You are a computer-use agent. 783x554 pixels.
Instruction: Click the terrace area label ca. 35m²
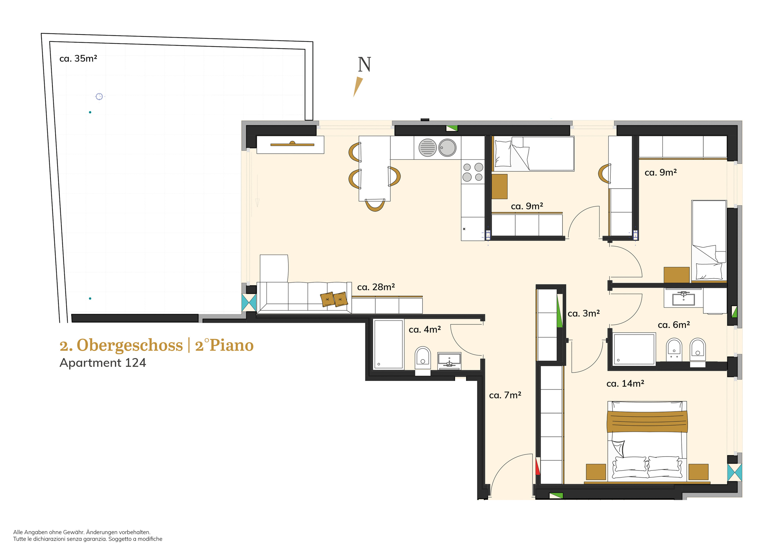(78, 59)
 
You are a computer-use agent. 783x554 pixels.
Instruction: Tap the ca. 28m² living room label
(376, 287)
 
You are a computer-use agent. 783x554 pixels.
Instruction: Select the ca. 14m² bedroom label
(625, 384)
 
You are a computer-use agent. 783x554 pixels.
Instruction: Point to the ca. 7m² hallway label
(505, 395)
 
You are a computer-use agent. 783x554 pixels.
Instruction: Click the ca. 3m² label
(584, 313)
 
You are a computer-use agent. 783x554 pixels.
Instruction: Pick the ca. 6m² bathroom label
(674, 325)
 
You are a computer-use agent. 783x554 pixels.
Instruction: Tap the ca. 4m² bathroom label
(425, 330)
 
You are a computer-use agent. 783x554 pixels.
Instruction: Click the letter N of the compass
(364, 65)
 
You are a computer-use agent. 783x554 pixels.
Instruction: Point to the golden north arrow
(358, 87)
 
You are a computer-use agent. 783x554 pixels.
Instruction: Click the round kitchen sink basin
(447, 148)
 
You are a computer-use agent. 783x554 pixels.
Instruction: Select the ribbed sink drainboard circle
(428, 148)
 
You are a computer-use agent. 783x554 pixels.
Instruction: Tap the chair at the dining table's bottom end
(375, 205)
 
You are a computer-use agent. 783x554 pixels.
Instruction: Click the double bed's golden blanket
(647, 421)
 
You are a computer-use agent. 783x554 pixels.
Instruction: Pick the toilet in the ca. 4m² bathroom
(423, 357)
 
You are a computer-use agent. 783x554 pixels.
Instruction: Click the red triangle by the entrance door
(538, 466)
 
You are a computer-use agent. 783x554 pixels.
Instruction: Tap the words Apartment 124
(103, 363)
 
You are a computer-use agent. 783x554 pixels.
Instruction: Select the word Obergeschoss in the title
(130, 345)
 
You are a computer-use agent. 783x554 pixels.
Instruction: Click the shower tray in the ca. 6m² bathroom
(634, 349)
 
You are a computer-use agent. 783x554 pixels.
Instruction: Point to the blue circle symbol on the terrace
(99, 96)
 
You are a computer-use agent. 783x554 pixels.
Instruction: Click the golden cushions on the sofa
(334, 299)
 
